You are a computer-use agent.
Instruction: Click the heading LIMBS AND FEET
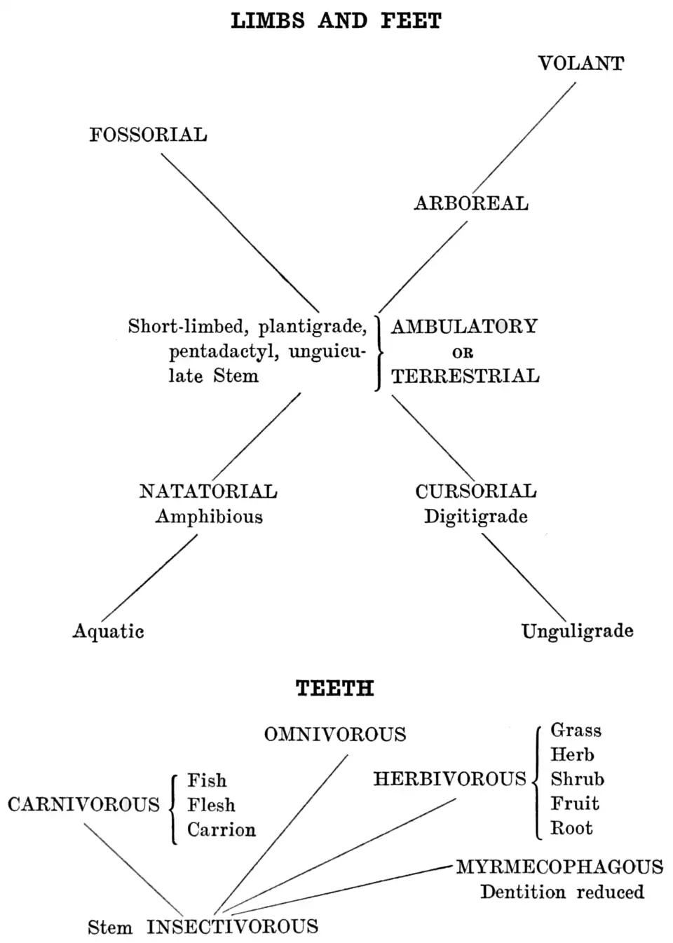click(336, 21)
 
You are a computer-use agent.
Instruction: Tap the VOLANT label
click(580, 64)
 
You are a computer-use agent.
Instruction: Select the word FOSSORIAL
click(148, 135)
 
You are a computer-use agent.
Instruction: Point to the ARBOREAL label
click(471, 204)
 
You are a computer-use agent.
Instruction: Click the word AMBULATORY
click(464, 327)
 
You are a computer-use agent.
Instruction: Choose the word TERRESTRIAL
click(465, 376)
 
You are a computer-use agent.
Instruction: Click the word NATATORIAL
click(208, 491)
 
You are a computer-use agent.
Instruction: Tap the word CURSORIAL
click(476, 491)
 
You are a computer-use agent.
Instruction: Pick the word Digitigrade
click(476, 517)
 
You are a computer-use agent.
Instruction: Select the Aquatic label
click(109, 631)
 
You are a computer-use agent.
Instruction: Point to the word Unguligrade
click(577, 631)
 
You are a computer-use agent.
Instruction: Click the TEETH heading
click(335, 688)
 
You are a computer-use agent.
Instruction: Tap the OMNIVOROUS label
click(335, 735)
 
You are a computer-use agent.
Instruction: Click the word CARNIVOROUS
click(83, 804)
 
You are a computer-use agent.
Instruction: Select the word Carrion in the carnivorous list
click(222, 830)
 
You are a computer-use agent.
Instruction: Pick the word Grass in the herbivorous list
click(576, 731)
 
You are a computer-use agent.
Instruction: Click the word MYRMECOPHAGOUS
click(559, 867)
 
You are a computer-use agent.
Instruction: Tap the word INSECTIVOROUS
click(232, 927)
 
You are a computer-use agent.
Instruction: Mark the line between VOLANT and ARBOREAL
click(524, 137)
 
